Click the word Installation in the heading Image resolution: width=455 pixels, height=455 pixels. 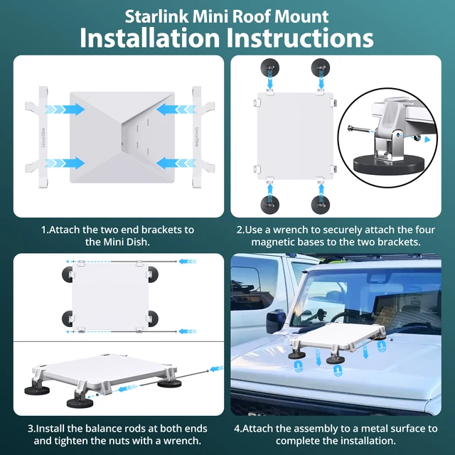[x=143, y=38]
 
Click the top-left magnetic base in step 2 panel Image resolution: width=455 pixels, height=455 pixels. [x=270, y=68]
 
